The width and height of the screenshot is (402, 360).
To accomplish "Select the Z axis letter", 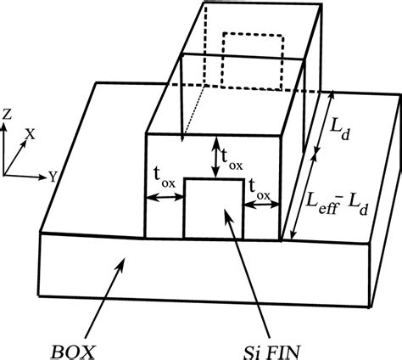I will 7,113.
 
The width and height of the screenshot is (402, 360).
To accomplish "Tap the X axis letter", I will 30,134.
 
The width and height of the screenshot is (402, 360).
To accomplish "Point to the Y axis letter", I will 53,177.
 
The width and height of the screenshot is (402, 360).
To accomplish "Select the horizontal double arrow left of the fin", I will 165,198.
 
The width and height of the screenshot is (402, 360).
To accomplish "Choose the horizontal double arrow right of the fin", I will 260,202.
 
